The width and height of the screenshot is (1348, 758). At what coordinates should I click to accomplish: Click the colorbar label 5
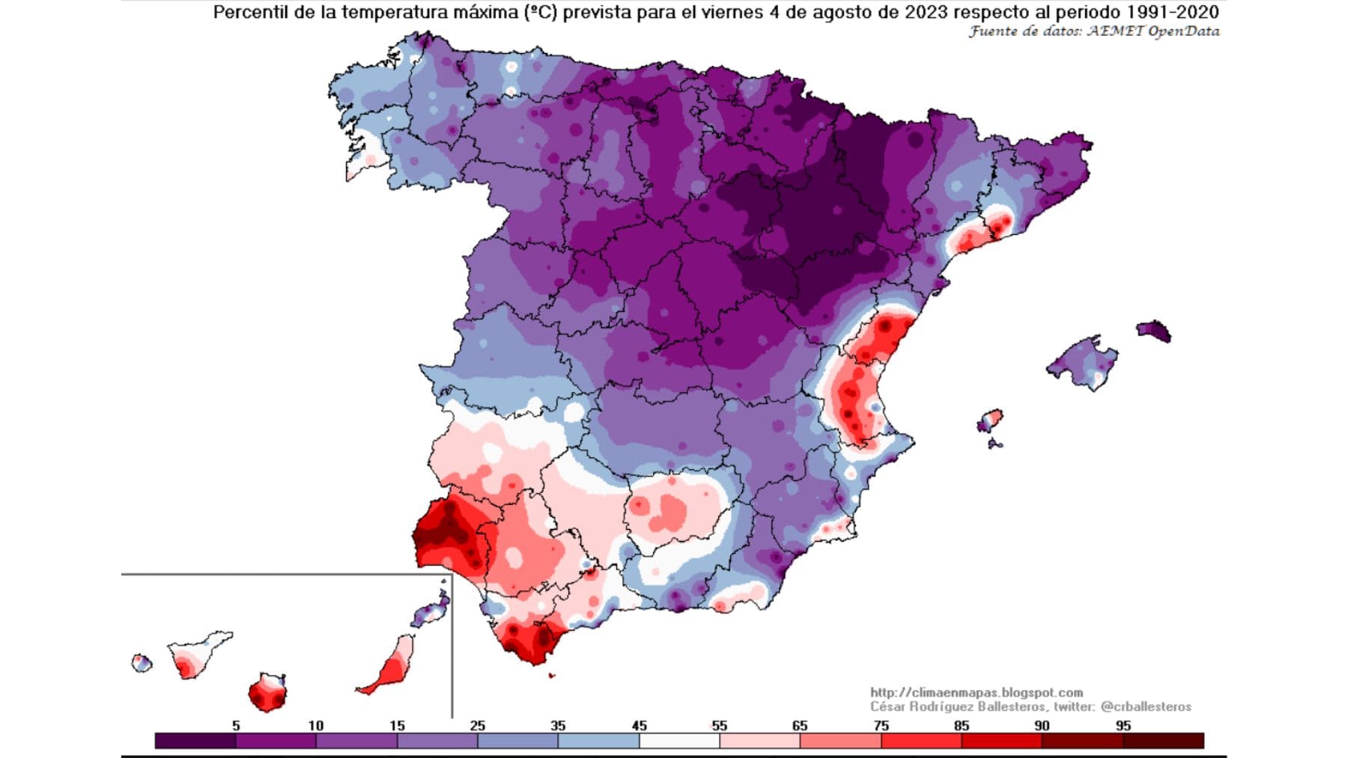(x=236, y=725)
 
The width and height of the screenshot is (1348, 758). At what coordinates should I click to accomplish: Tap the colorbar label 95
(x=1123, y=725)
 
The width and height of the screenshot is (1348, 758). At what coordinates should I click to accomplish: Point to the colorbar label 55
(x=719, y=725)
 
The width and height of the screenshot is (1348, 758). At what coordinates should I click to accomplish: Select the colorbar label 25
(x=477, y=725)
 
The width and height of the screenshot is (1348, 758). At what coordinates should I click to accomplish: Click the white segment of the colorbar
(x=679, y=741)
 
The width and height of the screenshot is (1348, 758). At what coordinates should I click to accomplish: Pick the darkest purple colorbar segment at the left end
(x=195, y=741)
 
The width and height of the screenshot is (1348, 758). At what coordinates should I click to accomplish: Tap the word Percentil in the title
(x=250, y=12)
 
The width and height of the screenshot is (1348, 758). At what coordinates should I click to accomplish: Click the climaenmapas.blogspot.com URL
(x=977, y=693)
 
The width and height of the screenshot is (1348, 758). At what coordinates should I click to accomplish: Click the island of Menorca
(x=1154, y=331)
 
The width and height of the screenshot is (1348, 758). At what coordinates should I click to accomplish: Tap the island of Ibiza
(x=990, y=421)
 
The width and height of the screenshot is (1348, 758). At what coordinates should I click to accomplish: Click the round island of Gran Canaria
(x=267, y=693)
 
